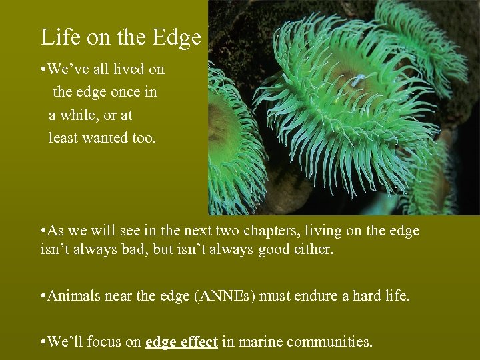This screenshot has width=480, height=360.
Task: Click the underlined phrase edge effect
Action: click(x=181, y=342)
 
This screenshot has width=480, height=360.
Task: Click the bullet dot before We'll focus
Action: click(x=42, y=342)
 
